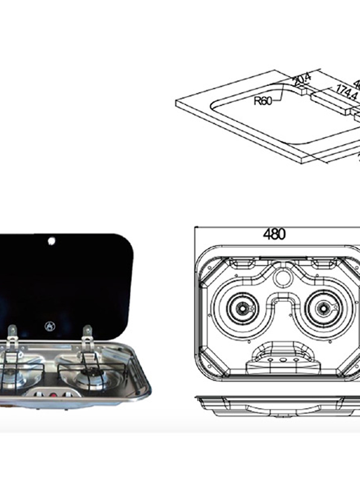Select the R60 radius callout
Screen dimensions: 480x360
[x=263, y=100]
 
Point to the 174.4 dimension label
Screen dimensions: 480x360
[x=347, y=91]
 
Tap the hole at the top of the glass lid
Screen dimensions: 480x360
[x=51, y=241]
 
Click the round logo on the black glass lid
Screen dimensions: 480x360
[x=49, y=326]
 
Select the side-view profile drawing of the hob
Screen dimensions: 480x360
[x=279, y=407]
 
